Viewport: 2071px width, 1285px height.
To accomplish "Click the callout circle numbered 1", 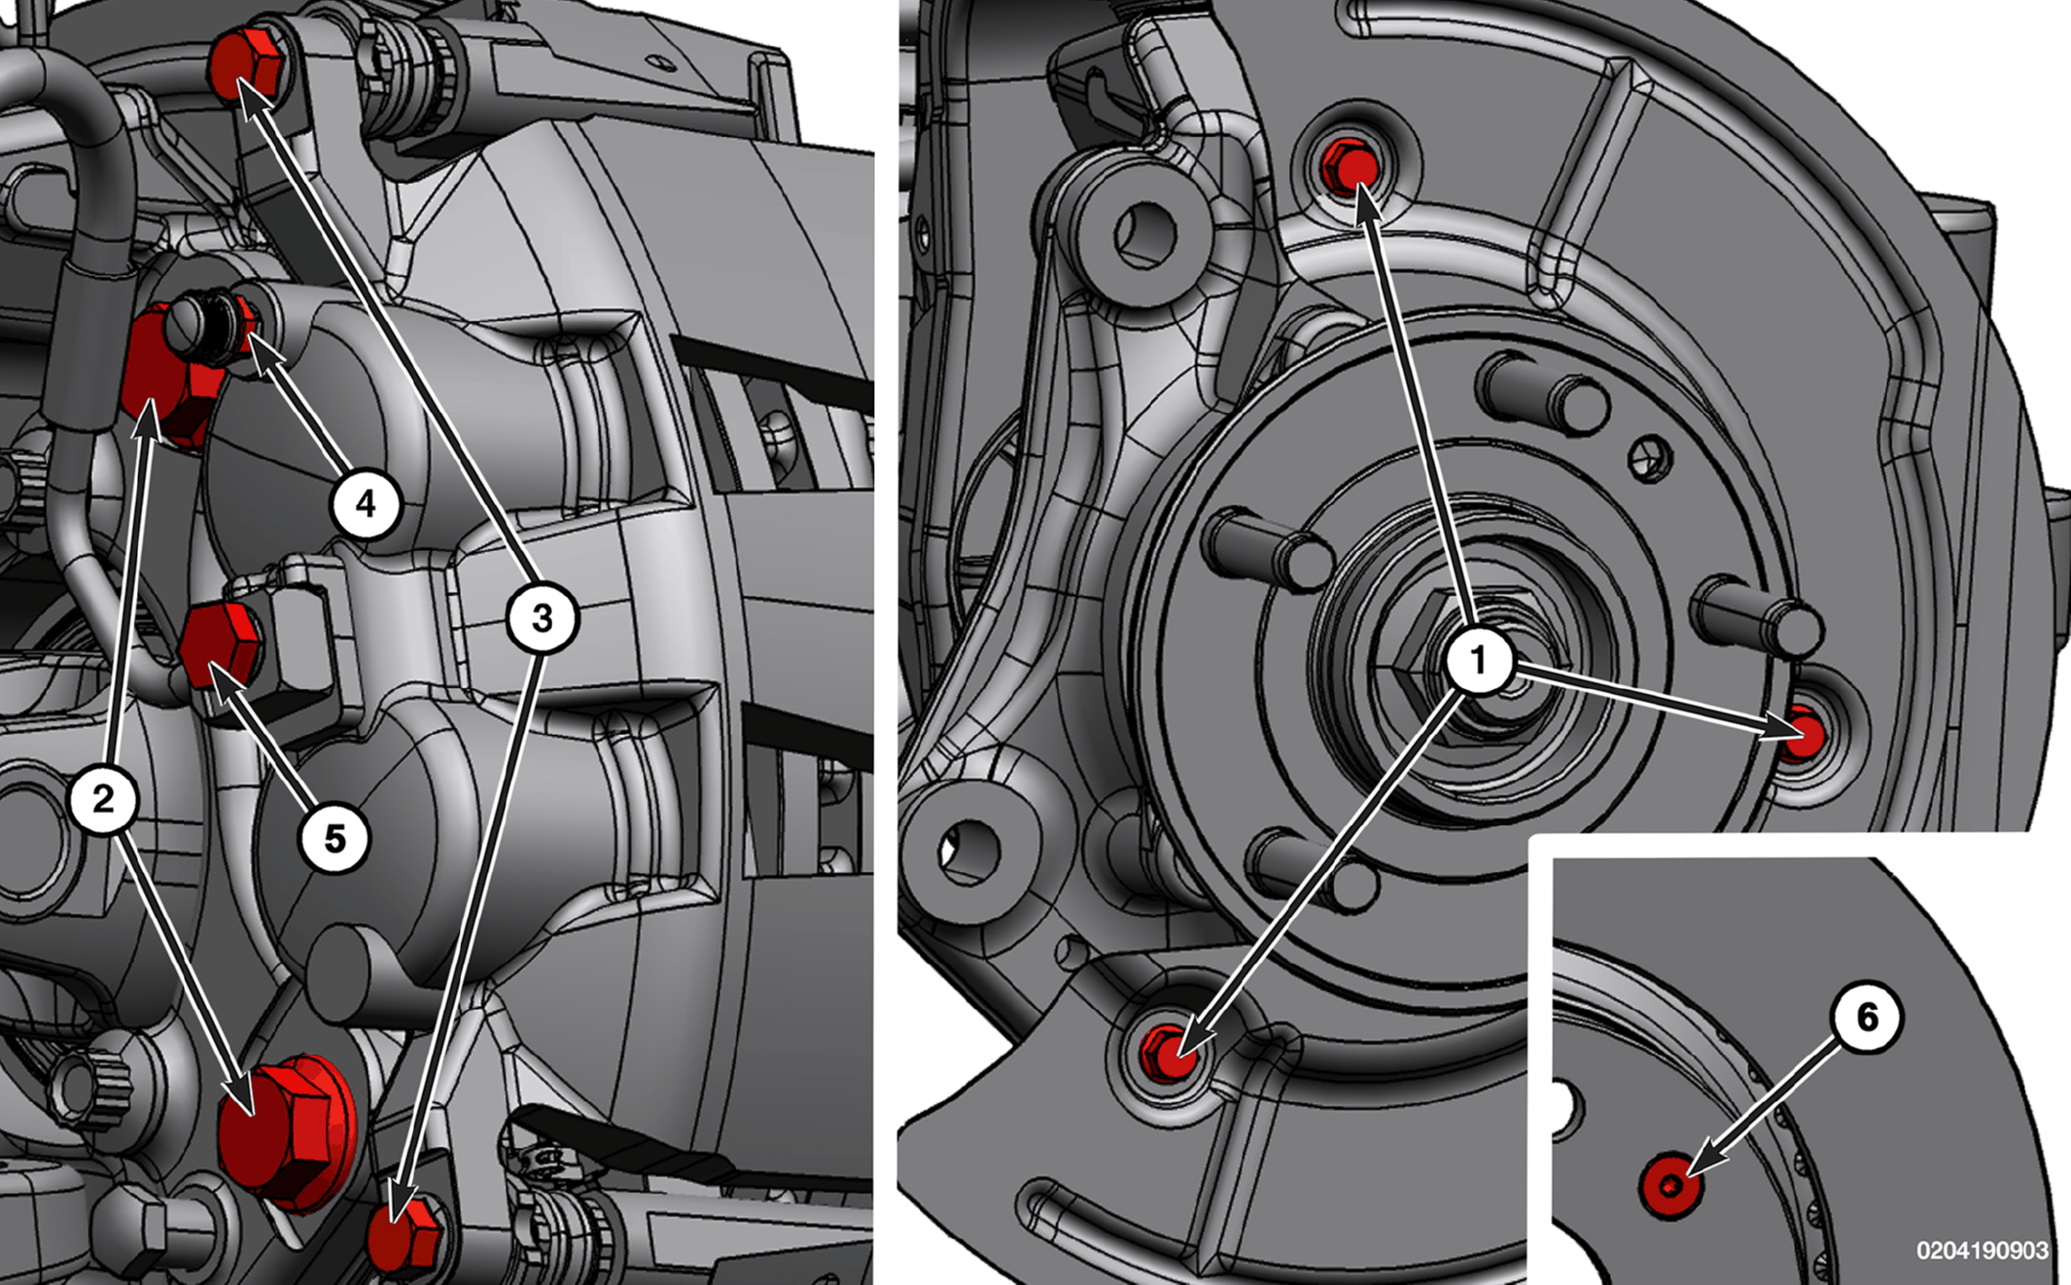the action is [x=1478, y=661].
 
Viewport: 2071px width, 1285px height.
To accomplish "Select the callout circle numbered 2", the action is [x=104, y=799].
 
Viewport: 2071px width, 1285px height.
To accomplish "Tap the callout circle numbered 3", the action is [x=543, y=617].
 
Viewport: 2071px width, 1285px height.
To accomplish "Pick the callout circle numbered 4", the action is [x=366, y=504].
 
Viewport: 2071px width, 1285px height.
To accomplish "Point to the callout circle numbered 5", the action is [x=334, y=838].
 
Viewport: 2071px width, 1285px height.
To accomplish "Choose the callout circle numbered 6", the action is [x=1867, y=1018].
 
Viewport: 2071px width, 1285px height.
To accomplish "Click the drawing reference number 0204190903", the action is [x=1983, y=1251].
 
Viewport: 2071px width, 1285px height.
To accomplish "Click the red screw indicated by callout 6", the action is [x=1670, y=1186].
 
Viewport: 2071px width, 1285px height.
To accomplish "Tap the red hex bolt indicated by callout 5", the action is [x=220, y=644].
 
